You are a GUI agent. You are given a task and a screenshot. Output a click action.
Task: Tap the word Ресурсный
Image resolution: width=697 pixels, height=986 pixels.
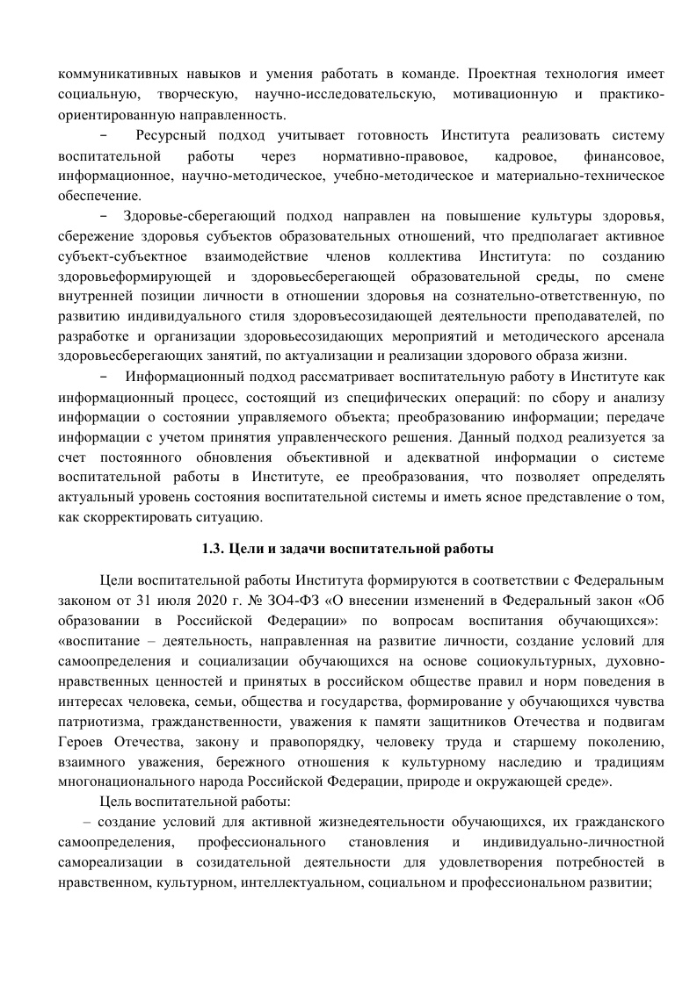177,136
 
